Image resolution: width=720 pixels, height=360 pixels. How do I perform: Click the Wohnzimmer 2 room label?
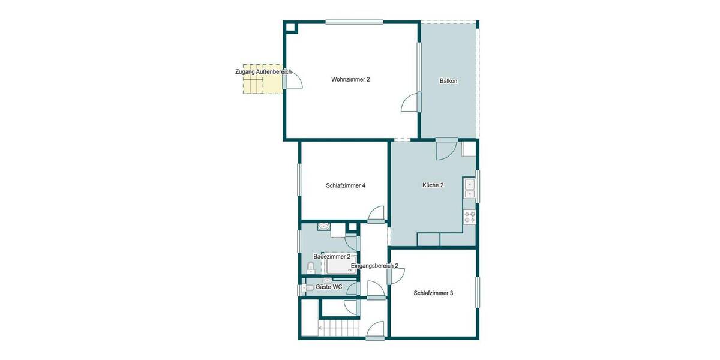(x=350, y=79)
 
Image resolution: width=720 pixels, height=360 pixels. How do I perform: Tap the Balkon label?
(x=448, y=80)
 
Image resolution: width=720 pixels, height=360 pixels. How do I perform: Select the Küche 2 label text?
(x=433, y=185)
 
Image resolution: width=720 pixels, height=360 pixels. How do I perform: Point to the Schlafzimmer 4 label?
(x=346, y=185)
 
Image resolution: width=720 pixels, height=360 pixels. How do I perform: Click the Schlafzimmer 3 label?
(x=433, y=293)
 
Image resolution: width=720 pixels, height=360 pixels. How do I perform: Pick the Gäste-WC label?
(x=329, y=287)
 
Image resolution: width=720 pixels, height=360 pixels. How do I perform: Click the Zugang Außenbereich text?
(x=263, y=72)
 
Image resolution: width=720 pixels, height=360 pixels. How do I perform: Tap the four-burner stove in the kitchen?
(x=470, y=217)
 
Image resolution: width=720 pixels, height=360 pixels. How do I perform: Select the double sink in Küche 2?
(x=469, y=189)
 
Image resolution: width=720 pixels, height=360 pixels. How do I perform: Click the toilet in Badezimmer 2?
(x=311, y=268)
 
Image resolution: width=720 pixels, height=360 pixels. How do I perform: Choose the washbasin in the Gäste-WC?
(x=328, y=280)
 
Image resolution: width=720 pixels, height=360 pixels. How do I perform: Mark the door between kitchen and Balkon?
(x=446, y=149)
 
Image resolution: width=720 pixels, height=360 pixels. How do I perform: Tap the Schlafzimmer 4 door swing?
(x=377, y=214)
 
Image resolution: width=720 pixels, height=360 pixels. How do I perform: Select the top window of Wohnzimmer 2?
(x=354, y=22)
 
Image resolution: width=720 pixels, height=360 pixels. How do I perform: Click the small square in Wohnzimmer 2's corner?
(x=290, y=27)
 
